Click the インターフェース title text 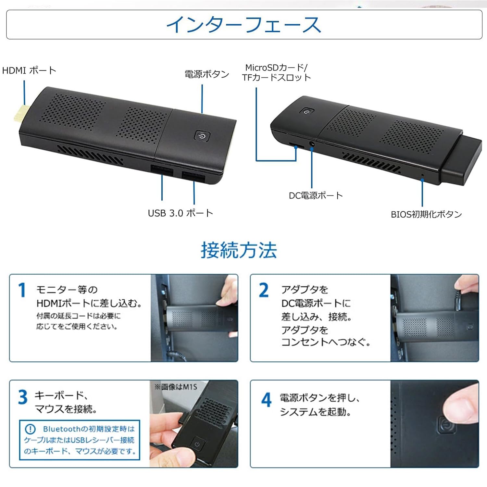click(243, 25)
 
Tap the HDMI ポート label click(29, 70)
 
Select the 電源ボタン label click(207, 74)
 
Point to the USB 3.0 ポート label click(181, 213)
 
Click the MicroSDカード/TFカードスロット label click(276, 72)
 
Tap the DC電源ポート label click(316, 195)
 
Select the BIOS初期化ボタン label click(426, 214)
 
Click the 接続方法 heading click(239, 250)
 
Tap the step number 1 click(22, 290)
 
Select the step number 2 click(264, 290)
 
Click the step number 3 click(23, 397)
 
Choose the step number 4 click(266, 400)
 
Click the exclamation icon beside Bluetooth click(30, 429)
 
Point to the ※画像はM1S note click(176, 387)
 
